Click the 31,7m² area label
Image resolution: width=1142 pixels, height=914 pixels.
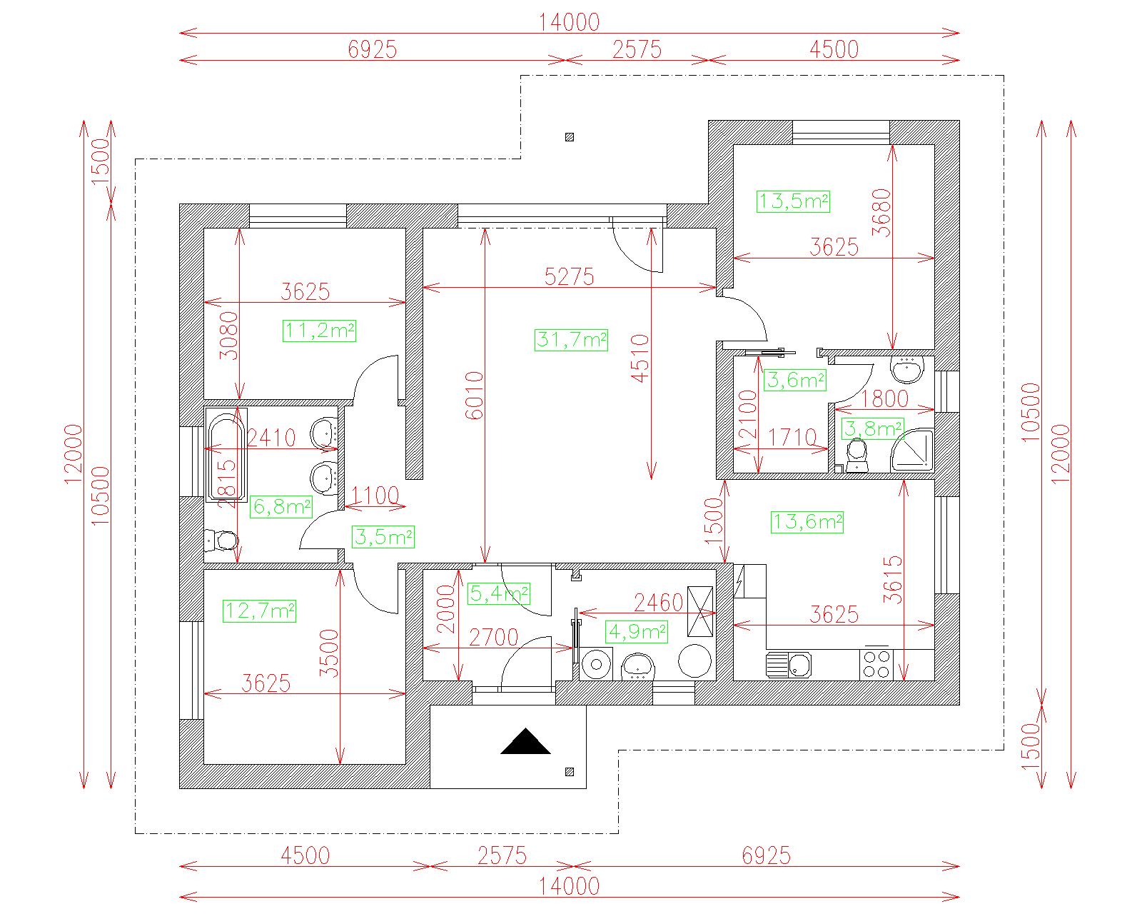point(571,340)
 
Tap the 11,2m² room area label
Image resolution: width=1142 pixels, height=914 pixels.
point(319,331)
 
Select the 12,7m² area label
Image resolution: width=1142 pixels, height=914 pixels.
point(259,611)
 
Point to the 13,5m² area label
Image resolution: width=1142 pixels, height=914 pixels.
point(793,201)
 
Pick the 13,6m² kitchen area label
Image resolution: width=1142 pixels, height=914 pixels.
point(807,522)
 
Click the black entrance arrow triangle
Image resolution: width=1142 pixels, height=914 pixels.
point(525,742)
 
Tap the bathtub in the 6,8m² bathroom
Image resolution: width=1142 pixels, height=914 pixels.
point(226,455)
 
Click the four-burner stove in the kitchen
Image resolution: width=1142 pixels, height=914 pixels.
point(876,664)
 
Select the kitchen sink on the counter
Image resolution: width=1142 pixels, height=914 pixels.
point(789,666)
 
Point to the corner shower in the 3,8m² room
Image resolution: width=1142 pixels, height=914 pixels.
point(913,451)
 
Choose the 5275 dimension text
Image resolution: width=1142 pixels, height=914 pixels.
point(569,276)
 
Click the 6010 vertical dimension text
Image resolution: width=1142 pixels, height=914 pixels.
point(475,396)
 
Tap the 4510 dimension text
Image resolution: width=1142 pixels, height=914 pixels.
point(640,358)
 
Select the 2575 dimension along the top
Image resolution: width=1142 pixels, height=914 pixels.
point(637,49)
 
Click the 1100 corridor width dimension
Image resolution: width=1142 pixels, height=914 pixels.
point(375,496)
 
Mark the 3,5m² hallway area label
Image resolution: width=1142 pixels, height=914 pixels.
point(383,537)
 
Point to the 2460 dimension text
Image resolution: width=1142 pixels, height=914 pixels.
point(659,603)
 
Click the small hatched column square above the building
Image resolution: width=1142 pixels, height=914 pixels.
point(570,137)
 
